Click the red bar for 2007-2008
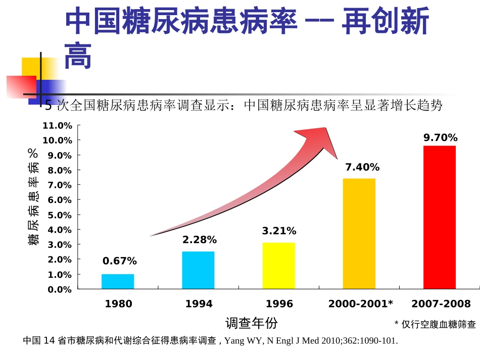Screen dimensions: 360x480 pos(439,217)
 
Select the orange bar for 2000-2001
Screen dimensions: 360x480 pos(359,233)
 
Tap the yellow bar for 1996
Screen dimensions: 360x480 pos(278,266)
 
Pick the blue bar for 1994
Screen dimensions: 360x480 pos(198,270)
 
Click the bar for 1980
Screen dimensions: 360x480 pos(118,281)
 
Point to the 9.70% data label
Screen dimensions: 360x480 pos(440,137)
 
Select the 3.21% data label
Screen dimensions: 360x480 pos(279,231)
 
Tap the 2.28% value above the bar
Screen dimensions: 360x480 pos(199,240)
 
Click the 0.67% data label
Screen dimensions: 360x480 pos(119,261)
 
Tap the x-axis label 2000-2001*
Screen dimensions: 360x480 pos(360,304)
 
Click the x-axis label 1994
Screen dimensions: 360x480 pos(199,304)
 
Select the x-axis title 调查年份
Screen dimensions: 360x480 pos(251,323)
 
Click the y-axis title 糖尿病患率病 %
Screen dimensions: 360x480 pos(34,197)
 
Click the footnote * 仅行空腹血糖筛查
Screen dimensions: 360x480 pos(435,324)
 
